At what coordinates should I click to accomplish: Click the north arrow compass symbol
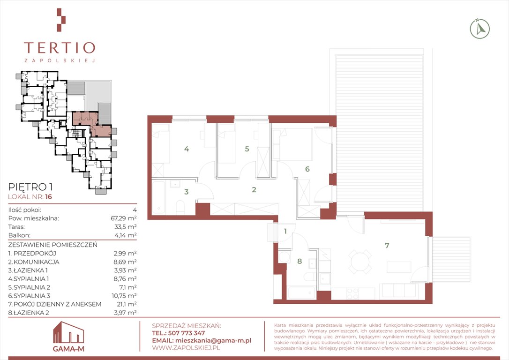point(479,29)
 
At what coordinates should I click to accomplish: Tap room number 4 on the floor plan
point(187,149)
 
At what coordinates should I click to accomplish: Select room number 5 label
point(247,149)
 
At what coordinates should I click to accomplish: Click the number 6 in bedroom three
point(307,169)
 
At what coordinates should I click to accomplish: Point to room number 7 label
point(387,246)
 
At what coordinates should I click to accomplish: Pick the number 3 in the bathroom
point(187,192)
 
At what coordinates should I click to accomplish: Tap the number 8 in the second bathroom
point(299,261)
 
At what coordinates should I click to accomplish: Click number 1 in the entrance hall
point(285,232)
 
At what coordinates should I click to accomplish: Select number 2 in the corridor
point(254,189)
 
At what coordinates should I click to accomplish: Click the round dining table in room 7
point(360,262)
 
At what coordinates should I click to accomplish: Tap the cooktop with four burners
point(353,293)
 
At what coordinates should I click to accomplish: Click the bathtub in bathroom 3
point(159,197)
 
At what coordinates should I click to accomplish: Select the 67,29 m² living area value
point(123,218)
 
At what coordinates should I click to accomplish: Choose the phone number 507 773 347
point(187,333)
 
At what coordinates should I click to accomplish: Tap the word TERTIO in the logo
point(60,48)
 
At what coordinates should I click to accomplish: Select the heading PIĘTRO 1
point(30,187)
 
